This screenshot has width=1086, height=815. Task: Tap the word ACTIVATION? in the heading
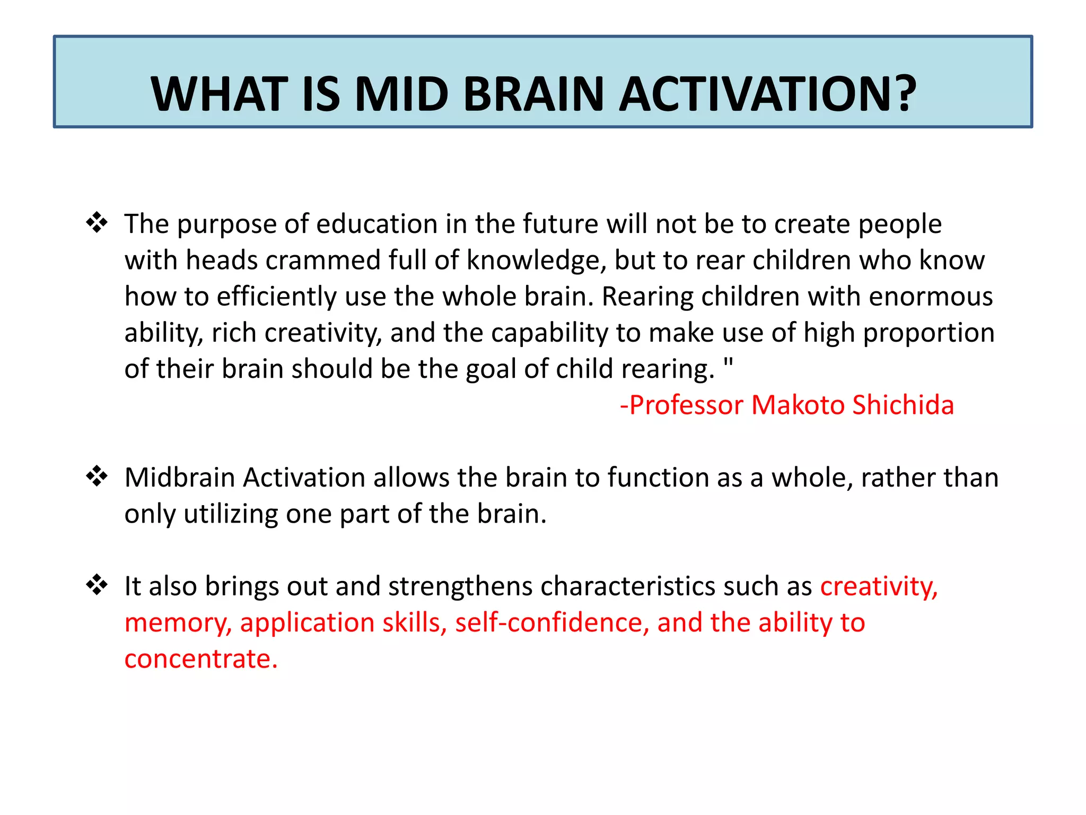pos(768,94)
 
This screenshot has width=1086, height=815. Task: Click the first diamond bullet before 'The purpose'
pos(97,222)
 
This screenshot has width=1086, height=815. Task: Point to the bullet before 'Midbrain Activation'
pos(97,476)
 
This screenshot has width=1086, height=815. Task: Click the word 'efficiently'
pos(277,297)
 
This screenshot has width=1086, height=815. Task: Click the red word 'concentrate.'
pos(201,659)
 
